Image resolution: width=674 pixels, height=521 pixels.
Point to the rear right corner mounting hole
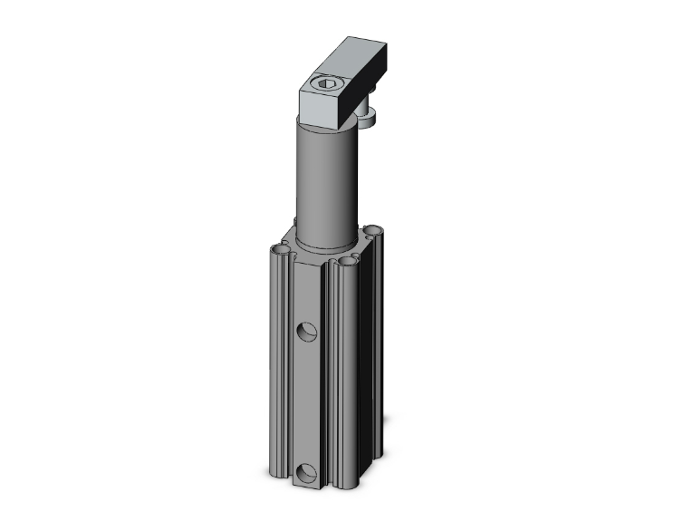pos(372,230)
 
